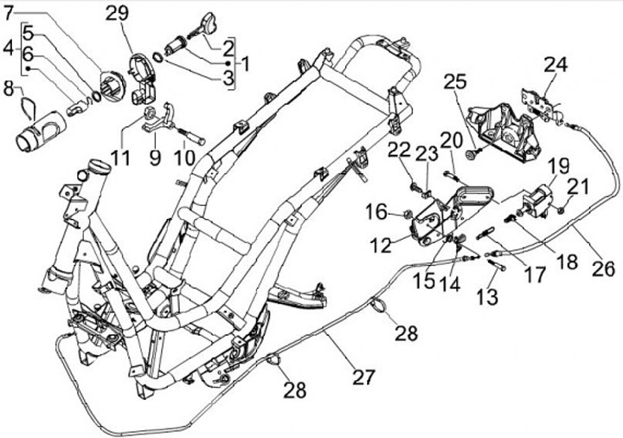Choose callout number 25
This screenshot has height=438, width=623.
click(x=455, y=83)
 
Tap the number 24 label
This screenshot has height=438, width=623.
click(x=556, y=64)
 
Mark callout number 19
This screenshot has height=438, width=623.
click(x=557, y=164)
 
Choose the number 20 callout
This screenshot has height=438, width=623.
click(x=451, y=140)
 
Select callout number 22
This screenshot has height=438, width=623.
click(x=397, y=150)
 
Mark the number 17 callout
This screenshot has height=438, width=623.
click(x=535, y=275)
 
